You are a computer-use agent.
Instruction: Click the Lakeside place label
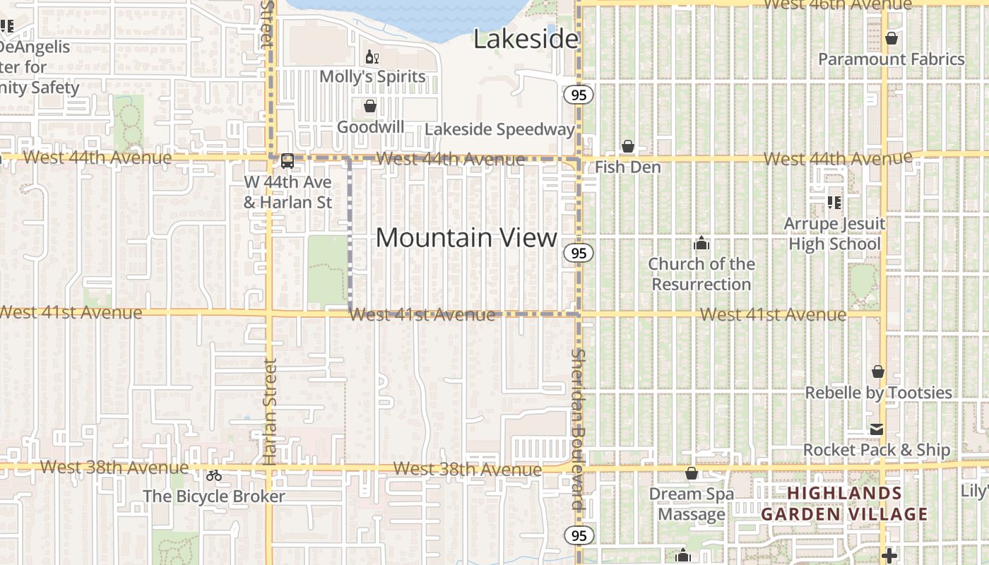[x=526, y=39]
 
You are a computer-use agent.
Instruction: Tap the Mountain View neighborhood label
[x=466, y=237]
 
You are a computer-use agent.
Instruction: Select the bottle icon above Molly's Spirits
[x=372, y=56]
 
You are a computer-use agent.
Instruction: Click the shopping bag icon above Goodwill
[x=369, y=107]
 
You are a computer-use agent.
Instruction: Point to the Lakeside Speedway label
[x=499, y=129]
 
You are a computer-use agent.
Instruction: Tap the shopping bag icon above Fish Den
[x=627, y=146]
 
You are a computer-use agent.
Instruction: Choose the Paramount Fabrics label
[x=891, y=59]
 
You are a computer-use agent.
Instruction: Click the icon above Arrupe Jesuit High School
[x=834, y=203]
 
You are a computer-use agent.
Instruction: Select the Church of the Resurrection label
[x=701, y=274]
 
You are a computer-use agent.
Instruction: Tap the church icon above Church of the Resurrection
[x=701, y=244]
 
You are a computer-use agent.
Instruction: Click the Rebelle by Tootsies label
[x=878, y=393]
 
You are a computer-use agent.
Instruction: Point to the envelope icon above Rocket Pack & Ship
[x=877, y=429]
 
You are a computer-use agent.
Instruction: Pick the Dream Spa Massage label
[x=692, y=504]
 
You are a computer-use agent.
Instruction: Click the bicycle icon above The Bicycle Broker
[x=214, y=475]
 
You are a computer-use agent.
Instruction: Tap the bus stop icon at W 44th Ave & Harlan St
[x=288, y=161]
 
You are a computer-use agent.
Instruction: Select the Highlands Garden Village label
[x=844, y=504]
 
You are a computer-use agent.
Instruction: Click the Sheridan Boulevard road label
[x=579, y=429]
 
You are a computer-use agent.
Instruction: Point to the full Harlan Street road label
[x=270, y=411]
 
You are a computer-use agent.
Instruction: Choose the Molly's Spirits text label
[x=372, y=76]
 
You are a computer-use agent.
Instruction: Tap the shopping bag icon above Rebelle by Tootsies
[x=878, y=371]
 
